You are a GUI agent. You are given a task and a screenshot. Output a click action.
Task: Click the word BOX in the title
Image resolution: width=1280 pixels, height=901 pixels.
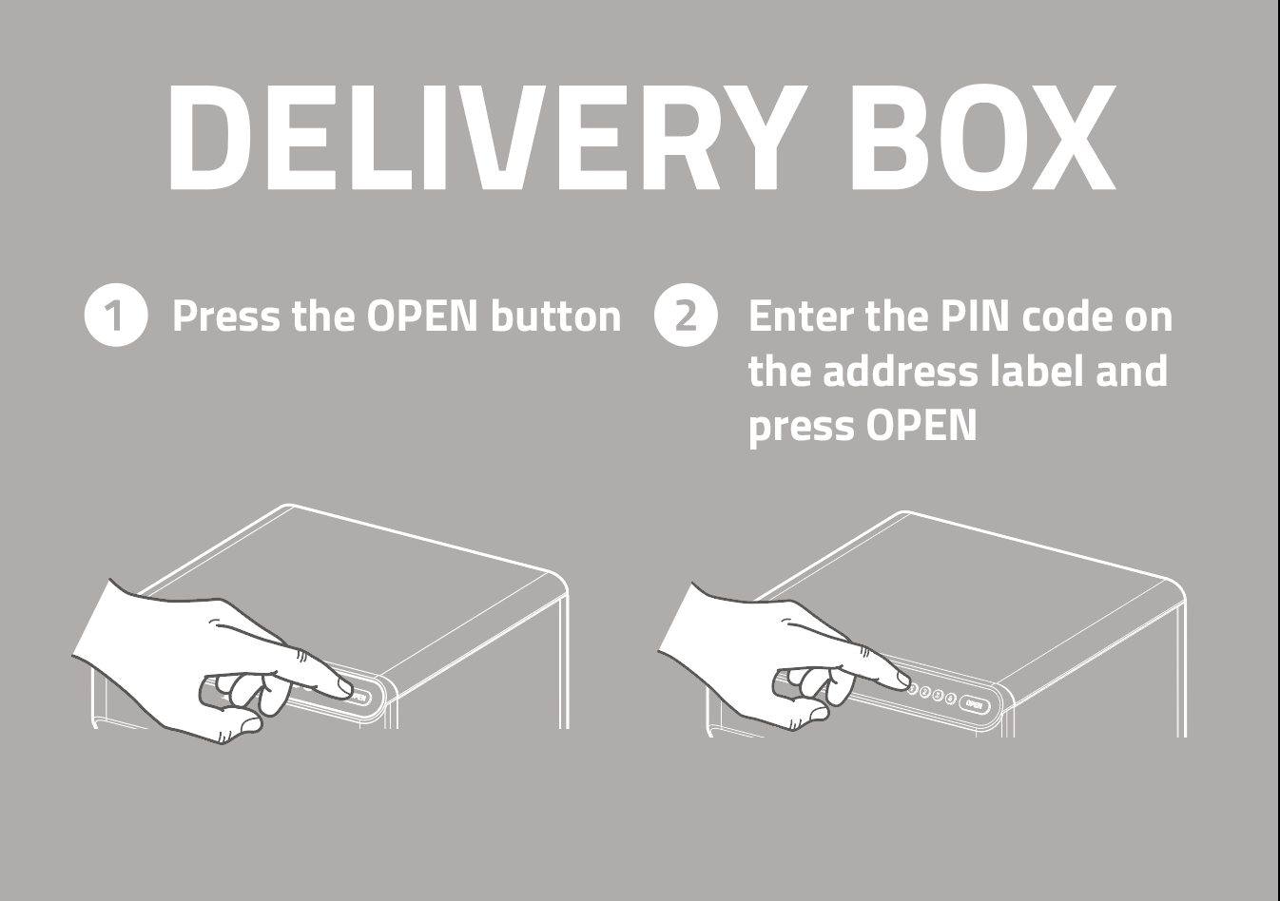tap(983, 137)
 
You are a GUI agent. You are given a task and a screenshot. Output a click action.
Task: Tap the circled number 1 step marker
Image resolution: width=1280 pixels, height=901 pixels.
tap(116, 316)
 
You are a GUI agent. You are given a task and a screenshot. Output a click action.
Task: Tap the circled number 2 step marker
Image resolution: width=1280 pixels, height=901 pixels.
tap(686, 316)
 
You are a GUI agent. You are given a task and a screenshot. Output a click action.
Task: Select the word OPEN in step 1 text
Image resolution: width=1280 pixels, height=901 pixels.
tap(421, 316)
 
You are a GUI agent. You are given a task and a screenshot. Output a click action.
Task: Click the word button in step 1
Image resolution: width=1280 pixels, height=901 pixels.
tap(556, 316)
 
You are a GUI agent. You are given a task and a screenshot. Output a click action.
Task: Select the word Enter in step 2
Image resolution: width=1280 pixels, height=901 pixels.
tap(800, 316)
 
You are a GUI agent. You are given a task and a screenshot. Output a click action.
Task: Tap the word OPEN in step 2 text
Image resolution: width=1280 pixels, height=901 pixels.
tap(921, 426)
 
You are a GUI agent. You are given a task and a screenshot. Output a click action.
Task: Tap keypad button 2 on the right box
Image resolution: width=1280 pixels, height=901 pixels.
tap(925, 693)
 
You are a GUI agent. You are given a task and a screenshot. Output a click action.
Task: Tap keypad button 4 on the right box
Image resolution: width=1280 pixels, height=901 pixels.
tap(950, 699)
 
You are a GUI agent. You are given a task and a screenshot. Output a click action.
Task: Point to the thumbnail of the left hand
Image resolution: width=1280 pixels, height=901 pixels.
tap(250, 724)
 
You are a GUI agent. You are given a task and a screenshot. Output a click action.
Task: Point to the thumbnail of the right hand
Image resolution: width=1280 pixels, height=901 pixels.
tap(817, 713)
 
